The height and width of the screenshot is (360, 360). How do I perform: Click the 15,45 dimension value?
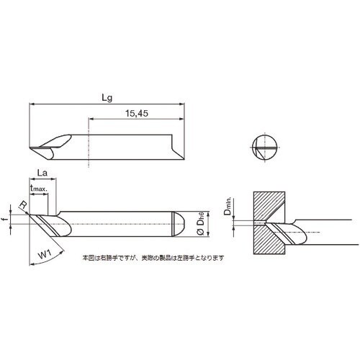(x=136, y=112)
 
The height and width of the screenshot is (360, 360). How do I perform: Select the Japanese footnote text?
(x=153, y=257)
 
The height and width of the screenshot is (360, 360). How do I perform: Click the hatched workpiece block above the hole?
(x=271, y=206)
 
